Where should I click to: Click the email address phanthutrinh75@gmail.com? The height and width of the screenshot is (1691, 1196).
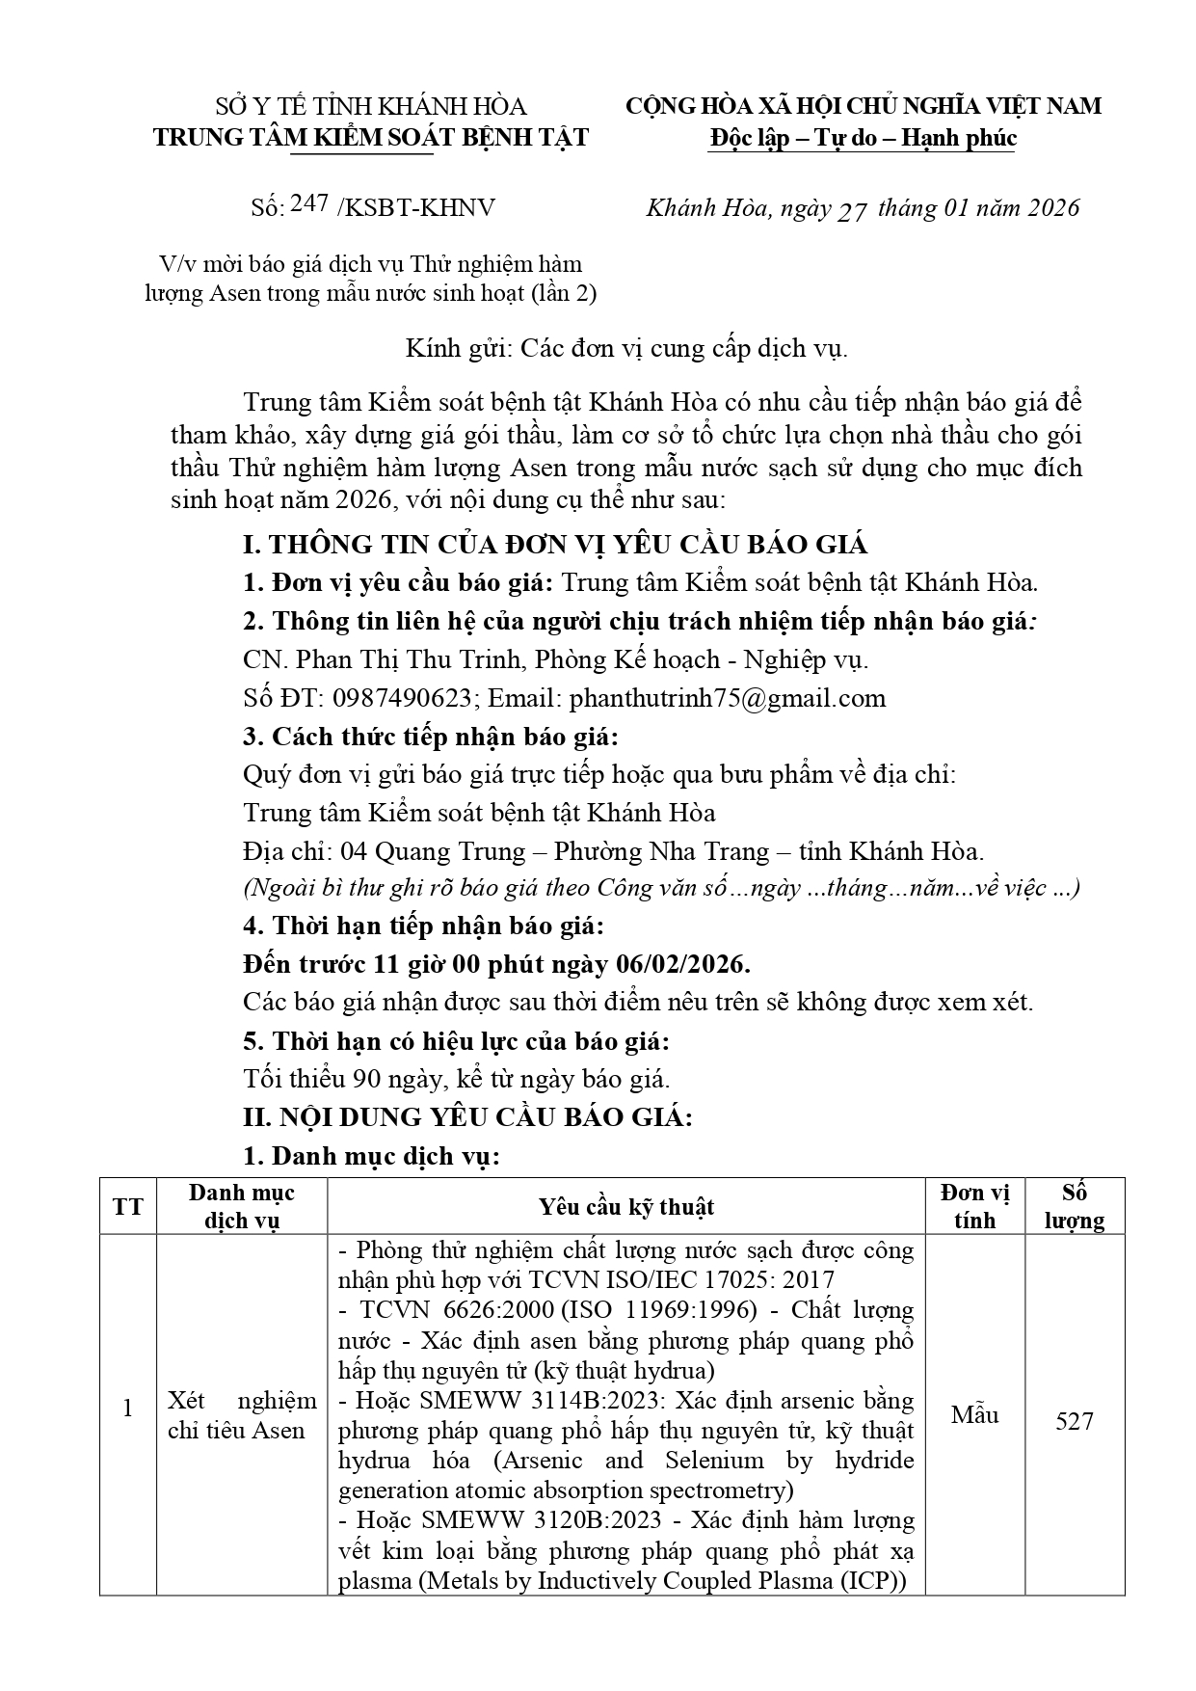[x=728, y=698]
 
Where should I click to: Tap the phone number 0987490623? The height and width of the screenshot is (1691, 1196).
[x=404, y=698]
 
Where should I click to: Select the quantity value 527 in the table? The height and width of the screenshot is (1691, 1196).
[x=1074, y=1422]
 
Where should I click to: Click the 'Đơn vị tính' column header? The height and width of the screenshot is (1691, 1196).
[x=974, y=1206]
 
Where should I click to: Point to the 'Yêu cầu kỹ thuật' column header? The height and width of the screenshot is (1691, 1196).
[x=626, y=1207]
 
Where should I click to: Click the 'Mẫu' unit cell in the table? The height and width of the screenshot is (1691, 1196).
[x=974, y=1415]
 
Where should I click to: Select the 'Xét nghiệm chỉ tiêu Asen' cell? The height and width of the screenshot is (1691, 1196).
[x=242, y=1415]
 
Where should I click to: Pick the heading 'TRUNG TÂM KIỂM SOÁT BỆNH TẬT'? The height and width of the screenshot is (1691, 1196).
[x=370, y=137]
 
